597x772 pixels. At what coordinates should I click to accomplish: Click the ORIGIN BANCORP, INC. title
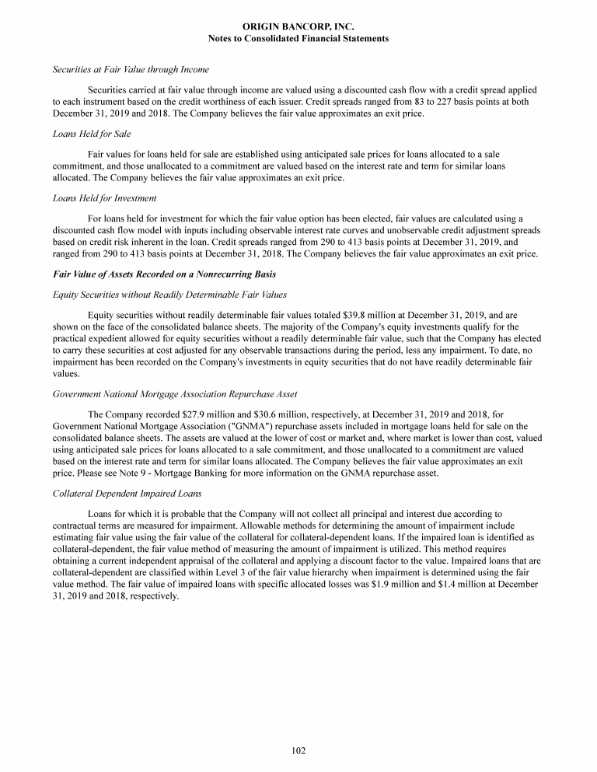pyautogui.click(x=298, y=26)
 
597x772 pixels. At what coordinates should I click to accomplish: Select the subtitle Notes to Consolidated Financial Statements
pyautogui.click(x=298, y=38)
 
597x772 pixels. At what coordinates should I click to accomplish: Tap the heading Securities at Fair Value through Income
pyautogui.click(x=131, y=71)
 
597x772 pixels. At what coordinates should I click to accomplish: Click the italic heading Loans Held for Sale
pyautogui.click(x=91, y=134)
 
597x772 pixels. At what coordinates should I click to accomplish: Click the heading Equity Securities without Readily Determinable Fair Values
pyautogui.click(x=169, y=294)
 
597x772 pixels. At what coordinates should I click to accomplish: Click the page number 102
pyautogui.click(x=298, y=750)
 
